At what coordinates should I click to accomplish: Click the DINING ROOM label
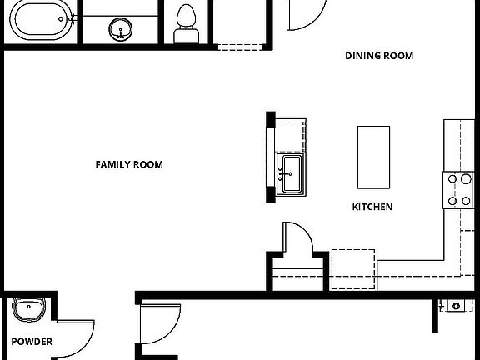tap(379, 56)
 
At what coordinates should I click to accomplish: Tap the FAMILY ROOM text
tap(129, 164)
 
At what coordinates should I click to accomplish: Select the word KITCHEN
tap(372, 206)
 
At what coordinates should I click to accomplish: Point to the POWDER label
tap(32, 342)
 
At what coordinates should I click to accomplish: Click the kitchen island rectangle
tap(373, 157)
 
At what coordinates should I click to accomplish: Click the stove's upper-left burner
tap(452, 178)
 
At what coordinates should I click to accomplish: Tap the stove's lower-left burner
tap(452, 200)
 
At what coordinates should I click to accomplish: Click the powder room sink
tap(30, 310)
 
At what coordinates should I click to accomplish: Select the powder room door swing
tap(78, 334)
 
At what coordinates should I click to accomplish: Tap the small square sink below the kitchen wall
tap(456, 306)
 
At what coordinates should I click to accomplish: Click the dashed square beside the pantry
tap(353, 268)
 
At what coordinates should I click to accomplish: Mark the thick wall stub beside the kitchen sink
tap(270, 157)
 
